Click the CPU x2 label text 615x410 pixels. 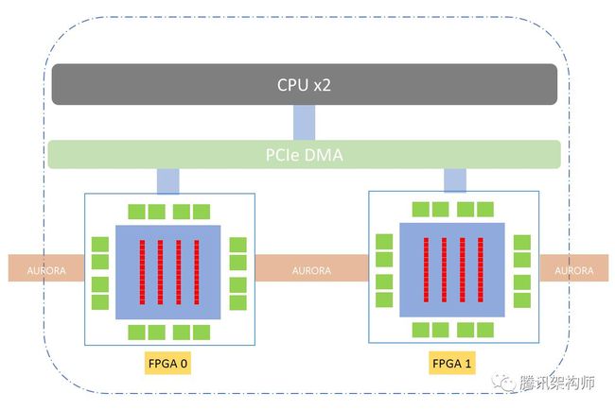304,85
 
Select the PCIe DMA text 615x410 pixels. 305,155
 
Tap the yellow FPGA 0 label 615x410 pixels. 167,364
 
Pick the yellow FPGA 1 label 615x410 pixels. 452,364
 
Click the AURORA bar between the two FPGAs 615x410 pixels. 312,268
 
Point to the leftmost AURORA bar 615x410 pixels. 46,268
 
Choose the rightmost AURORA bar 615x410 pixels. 573,268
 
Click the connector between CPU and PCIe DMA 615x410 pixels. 304,122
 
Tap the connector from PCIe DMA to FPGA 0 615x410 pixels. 167,181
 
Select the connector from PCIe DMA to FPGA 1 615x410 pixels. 455,180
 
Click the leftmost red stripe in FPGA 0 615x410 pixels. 142,272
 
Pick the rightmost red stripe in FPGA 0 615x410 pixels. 197,272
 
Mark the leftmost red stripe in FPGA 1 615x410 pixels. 426,270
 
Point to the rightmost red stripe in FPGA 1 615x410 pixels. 481,270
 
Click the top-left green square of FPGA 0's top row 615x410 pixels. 136,212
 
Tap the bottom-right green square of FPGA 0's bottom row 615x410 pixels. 202,333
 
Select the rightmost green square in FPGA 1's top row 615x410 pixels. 485,210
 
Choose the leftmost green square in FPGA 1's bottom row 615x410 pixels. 420,330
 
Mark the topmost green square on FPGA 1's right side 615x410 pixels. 522,243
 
